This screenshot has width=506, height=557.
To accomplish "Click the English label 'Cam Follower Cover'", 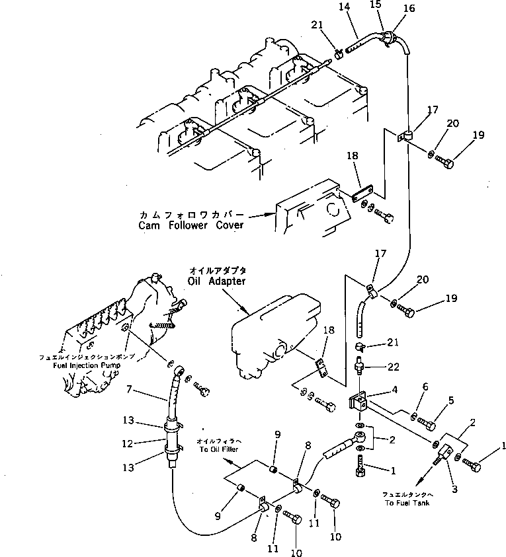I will tap(190, 225).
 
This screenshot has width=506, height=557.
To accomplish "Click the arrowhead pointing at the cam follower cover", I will tap(272, 213).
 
